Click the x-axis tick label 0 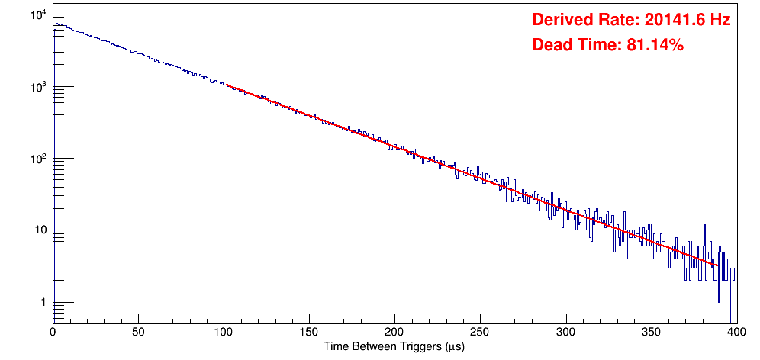pyautogui.click(x=53, y=333)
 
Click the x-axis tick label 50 pyautogui.click(x=138, y=333)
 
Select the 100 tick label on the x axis pyautogui.click(x=224, y=333)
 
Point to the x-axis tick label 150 pyautogui.click(x=309, y=333)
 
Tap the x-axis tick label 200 pyautogui.click(x=394, y=333)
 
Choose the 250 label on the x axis pyautogui.click(x=480, y=333)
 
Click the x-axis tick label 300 pyautogui.click(x=565, y=333)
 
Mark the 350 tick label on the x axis pyautogui.click(x=651, y=333)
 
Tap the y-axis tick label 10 pyautogui.click(x=40, y=230)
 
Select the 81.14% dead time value pyautogui.click(x=655, y=46)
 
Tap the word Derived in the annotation pyautogui.click(x=561, y=21)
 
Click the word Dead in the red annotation pyautogui.click(x=551, y=46)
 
